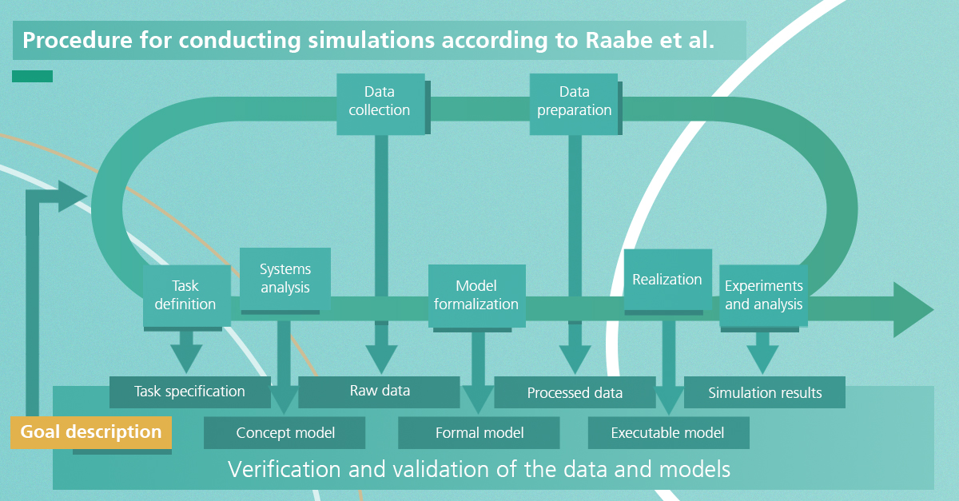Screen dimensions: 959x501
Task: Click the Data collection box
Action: pyautogui.click(x=380, y=104)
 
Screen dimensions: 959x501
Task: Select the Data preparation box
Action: pyautogui.click(x=574, y=104)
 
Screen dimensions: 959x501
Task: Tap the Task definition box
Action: pyautogui.click(x=187, y=296)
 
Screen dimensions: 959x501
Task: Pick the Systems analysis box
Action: pyautogui.click(x=285, y=279)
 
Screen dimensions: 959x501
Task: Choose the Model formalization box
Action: pyautogui.click(x=477, y=296)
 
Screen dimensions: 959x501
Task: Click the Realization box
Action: pyautogui.click(x=668, y=280)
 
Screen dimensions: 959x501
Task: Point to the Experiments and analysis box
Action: pyautogui.click(x=764, y=296)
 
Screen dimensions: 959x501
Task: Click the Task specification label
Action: pyautogui.click(x=189, y=392)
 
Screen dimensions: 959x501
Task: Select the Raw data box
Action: pyautogui.click(x=380, y=392)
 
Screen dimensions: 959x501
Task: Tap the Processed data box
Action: pyautogui.click(x=575, y=392)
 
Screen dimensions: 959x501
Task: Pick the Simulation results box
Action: pyautogui.click(x=765, y=392)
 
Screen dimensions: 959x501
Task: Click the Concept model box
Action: pyautogui.click(x=285, y=433)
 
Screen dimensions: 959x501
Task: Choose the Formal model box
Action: pyautogui.click(x=479, y=433)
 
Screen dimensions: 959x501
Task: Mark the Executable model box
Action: pyautogui.click(x=669, y=433)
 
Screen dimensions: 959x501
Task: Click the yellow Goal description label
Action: pyautogui.click(x=91, y=432)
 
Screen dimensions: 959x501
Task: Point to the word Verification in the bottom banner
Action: pyautogui.click(x=285, y=469)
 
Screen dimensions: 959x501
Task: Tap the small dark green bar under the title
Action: pyautogui.click(x=32, y=76)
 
